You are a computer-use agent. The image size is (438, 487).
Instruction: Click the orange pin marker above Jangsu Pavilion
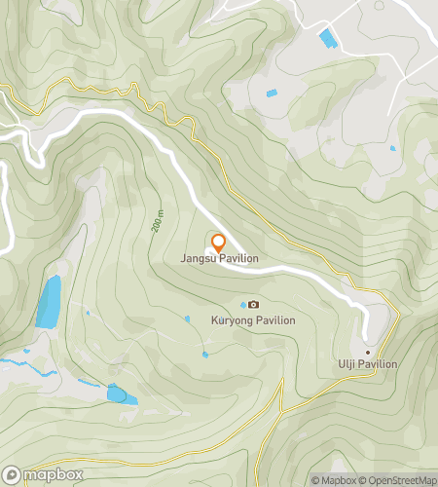(218, 242)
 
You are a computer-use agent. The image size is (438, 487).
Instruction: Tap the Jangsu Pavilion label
(218, 259)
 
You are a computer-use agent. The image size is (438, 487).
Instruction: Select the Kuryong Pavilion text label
(253, 319)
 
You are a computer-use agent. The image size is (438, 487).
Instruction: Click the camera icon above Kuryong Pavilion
(253, 305)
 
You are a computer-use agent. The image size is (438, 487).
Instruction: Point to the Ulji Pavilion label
(368, 364)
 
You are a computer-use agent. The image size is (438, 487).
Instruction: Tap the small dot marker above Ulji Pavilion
(368, 352)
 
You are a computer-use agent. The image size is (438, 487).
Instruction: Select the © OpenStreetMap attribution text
(399, 480)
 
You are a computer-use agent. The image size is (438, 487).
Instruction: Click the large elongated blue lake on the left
(48, 301)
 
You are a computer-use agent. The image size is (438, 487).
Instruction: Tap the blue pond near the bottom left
(122, 394)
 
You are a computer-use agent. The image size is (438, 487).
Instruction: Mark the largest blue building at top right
(329, 39)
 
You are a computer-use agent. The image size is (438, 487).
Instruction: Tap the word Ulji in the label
(347, 364)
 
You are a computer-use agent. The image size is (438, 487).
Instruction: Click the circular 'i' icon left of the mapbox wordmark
(13, 474)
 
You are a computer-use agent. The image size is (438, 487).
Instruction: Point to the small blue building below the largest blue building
(271, 93)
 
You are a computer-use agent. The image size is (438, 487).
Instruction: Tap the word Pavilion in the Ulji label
(380, 364)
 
